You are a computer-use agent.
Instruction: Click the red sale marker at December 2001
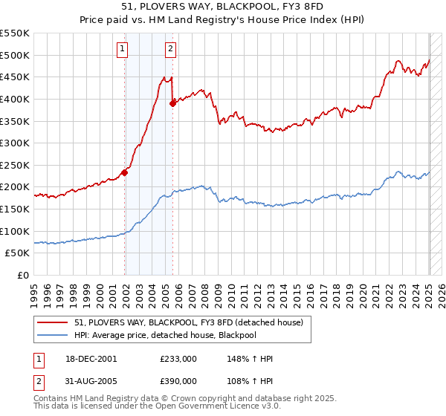coord(125,172)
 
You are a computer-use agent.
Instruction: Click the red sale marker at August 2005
coord(172,103)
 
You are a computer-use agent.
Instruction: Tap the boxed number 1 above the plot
coord(121,50)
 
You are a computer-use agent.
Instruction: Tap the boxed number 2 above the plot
coord(170,50)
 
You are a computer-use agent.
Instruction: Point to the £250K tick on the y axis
coord(16,165)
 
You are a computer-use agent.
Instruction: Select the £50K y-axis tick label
coord(18,253)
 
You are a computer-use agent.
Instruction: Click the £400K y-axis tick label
coord(16,99)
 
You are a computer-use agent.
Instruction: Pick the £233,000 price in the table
coord(178,359)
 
